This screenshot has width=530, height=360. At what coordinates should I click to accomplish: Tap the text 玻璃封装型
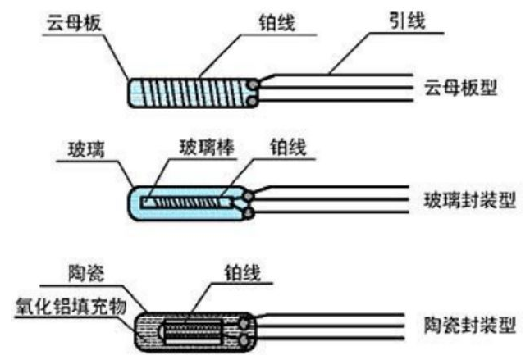coord(469,199)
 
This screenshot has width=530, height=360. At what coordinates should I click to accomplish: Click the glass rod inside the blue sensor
coord(189,201)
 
